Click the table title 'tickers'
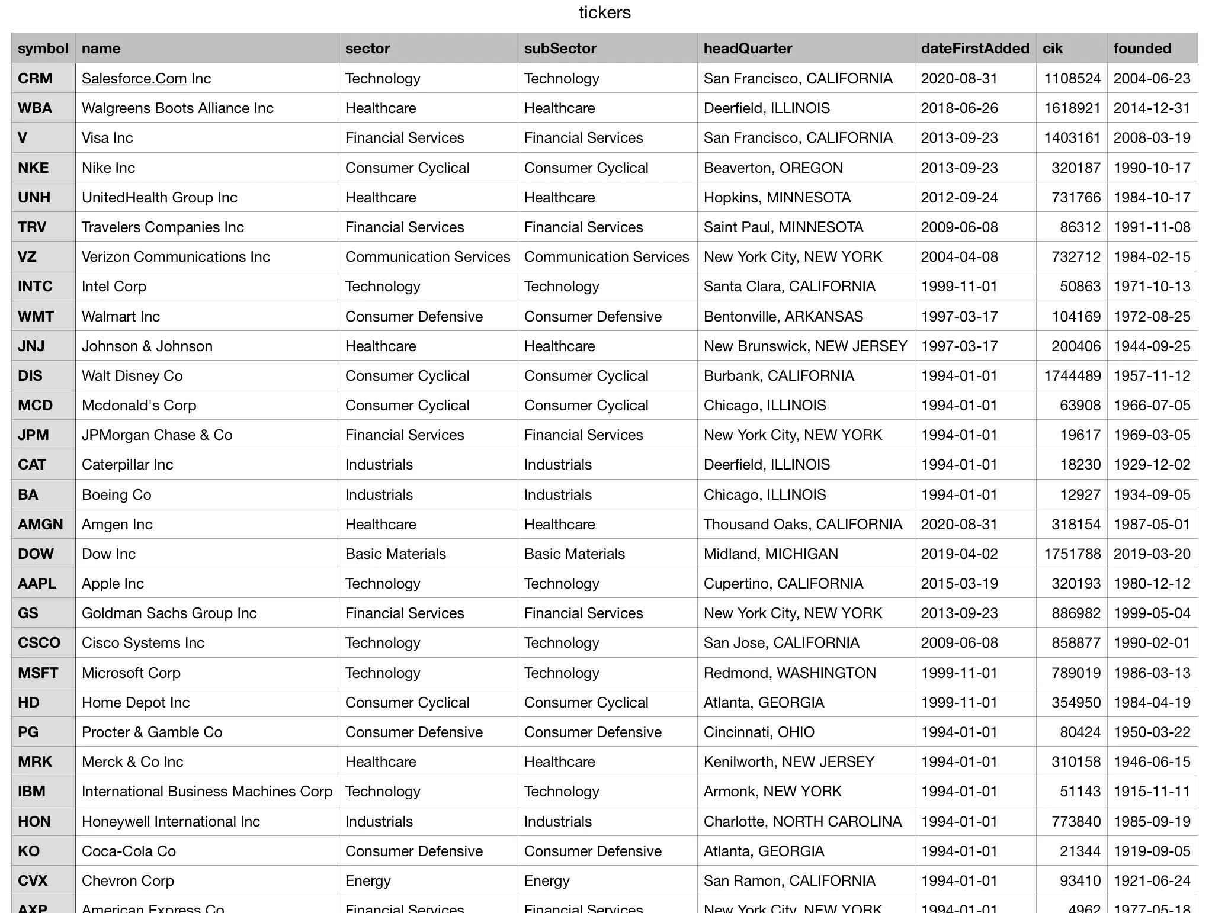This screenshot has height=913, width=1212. [x=604, y=12]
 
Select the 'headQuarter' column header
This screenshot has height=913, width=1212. [x=748, y=49]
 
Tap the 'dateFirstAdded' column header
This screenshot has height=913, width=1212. [x=974, y=49]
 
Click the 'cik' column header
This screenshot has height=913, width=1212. [x=1053, y=49]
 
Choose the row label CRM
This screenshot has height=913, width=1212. [x=36, y=79]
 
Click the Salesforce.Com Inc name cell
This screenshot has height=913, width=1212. [x=146, y=79]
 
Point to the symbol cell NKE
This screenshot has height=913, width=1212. [x=34, y=168]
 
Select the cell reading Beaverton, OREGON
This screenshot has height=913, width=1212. [x=773, y=168]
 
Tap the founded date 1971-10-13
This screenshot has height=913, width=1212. [x=1152, y=287]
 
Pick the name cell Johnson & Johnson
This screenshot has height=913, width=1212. [x=147, y=346]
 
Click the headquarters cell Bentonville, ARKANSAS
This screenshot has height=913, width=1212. [x=783, y=317]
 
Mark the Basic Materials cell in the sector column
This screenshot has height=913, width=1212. [x=396, y=554]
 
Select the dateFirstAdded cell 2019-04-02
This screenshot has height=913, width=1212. [x=959, y=554]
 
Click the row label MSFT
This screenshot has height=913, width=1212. [x=38, y=673]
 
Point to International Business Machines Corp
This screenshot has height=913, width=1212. [x=207, y=792]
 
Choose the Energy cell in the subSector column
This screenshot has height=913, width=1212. [x=547, y=881]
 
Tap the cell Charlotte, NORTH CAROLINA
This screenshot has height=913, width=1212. [x=803, y=822]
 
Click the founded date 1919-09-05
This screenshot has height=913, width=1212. [x=1152, y=851]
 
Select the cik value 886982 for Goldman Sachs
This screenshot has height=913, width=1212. [x=1076, y=613]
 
